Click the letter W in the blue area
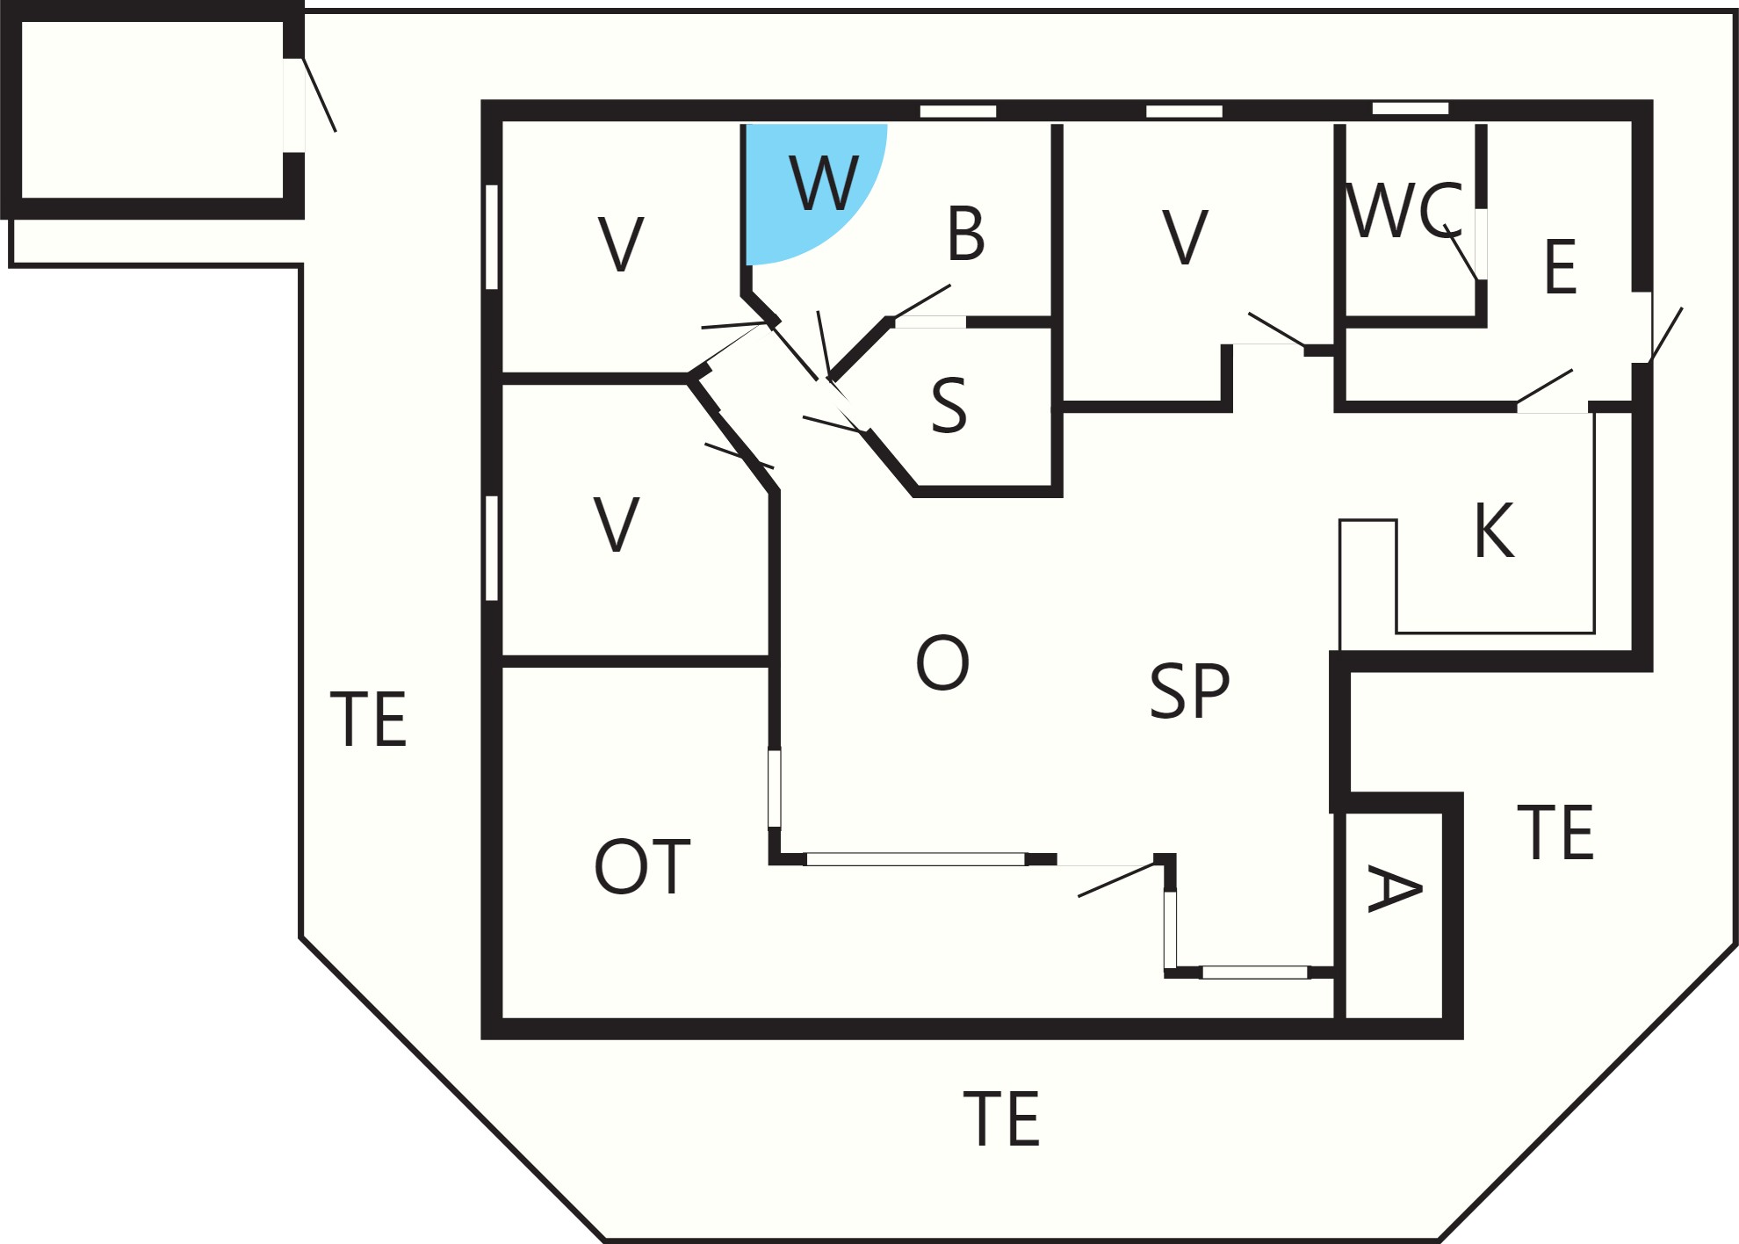[x=823, y=183]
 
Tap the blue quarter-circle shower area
[x=804, y=184]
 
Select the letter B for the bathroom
[x=966, y=234]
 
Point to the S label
[x=949, y=405]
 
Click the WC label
[x=1403, y=210]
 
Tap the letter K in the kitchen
[x=1495, y=530]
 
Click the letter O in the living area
[x=942, y=662]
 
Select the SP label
[x=1190, y=691]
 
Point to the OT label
[x=642, y=866]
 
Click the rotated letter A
[x=1395, y=889]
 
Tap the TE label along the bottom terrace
[x=1001, y=1118]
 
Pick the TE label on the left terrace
[x=368, y=719]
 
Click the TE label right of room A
[x=1555, y=832]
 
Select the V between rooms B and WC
[x=1186, y=236]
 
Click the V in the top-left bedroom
[x=621, y=243]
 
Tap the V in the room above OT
[x=617, y=524]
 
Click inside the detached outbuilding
[x=152, y=110]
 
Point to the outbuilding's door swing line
[x=320, y=95]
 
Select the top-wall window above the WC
[x=1411, y=108]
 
